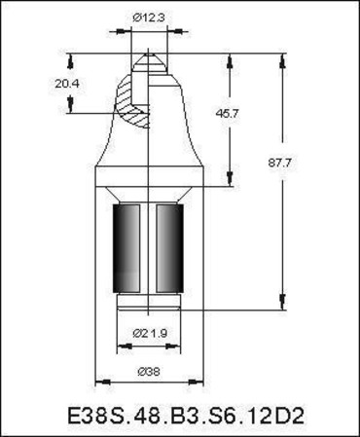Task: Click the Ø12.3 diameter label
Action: pos(149,18)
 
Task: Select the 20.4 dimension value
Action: pos(67,84)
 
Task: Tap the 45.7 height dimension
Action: pos(228,114)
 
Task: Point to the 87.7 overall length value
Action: pos(279,163)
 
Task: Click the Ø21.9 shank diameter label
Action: pos(150,333)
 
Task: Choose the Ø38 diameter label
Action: pos(149,372)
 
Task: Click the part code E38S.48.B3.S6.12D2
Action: pos(186,416)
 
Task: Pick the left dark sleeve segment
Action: pos(126,248)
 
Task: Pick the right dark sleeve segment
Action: pos(169,248)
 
